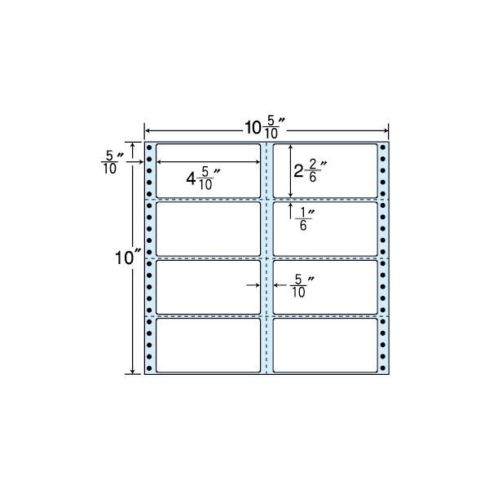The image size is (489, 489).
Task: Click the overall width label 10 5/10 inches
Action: click(x=265, y=127)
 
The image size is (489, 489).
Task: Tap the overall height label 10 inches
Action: click(x=128, y=258)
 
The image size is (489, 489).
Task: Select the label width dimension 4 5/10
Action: click(x=203, y=178)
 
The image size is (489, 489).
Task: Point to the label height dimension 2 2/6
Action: click(x=311, y=170)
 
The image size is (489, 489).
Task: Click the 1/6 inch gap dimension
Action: click(x=305, y=219)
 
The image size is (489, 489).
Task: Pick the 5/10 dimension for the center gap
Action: click(x=302, y=286)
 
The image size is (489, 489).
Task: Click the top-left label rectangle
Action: click(x=208, y=170)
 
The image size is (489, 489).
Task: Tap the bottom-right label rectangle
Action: click(x=325, y=346)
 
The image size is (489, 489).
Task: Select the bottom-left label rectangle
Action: click(x=208, y=346)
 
